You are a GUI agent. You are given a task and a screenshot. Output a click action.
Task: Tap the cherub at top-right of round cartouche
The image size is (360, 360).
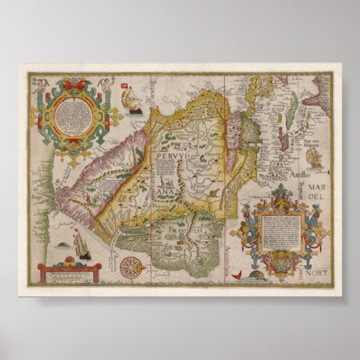pyautogui.click(x=105, y=84)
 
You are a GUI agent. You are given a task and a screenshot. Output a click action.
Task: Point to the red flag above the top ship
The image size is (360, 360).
pyautogui.click(x=125, y=86)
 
